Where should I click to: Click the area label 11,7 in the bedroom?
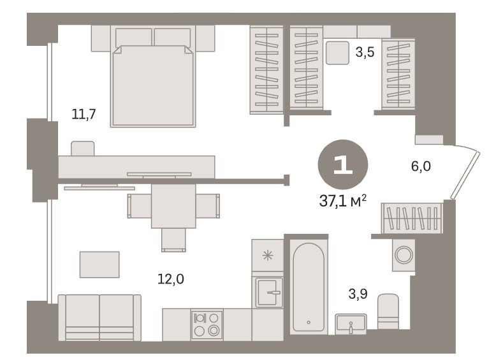pyautogui.click(x=84, y=114)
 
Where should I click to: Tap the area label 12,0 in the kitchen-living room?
pyautogui.click(x=171, y=279)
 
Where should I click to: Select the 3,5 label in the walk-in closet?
pyautogui.click(x=365, y=52)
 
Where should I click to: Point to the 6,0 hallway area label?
pyautogui.click(x=421, y=166)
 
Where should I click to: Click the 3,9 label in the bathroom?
pyautogui.click(x=358, y=294)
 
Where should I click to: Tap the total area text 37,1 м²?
pyautogui.click(x=343, y=201)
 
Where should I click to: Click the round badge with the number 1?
pyautogui.click(x=343, y=164)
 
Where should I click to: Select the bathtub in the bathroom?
pyautogui.click(x=309, y=287)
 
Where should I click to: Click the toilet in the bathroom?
pyautogui.click(x=388, y=312)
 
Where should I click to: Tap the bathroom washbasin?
pyautogui.click(x=351, y=324)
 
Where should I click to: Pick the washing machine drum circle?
pyautogui.click(x=404, y=255)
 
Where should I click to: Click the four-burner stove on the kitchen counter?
pyautogui.click(x=207, y=324)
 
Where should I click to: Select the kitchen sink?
pyautogui.click(x=268, y=292)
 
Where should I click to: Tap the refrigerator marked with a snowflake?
pyautogui.click(x=268, y=255)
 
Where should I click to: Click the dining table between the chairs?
pyautogui.click(x=173, y=206)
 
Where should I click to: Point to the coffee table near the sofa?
pyautogui.click(x=99, y=264)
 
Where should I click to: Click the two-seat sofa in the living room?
pyautogui.click(x=99, y=317)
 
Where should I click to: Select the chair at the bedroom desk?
pyautogui.click(x=83, y=148)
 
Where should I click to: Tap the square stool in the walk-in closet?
pyautogui.click(x=337, y=53)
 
